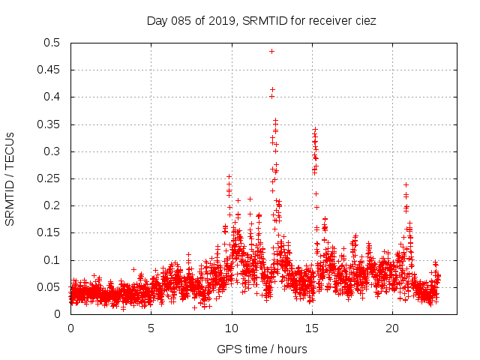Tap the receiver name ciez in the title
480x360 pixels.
(x=364, y=21)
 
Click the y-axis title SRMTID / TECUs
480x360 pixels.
(x=10, y=178)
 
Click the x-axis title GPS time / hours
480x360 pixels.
(x=262, y=349)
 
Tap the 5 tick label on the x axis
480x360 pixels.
(x=151, y=328)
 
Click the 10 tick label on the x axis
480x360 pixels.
(x=232, y=328)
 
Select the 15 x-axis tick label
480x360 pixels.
(x=312, y=328)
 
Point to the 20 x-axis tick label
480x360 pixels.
(x=393, y=328)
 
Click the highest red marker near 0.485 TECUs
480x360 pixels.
(x=271, y=51)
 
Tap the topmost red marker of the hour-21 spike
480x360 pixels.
(x=406, y=184)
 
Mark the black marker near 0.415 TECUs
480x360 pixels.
(x=272, y=89)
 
